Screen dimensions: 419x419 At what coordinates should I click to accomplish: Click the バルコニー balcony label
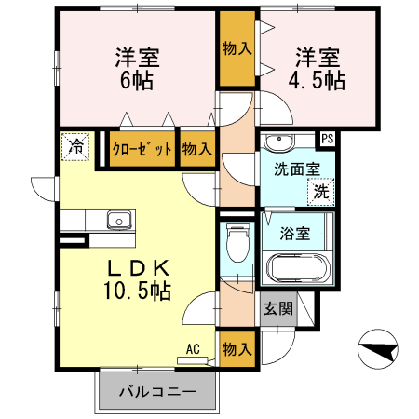point(157,392)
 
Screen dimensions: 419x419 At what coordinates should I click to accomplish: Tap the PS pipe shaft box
point(326,139)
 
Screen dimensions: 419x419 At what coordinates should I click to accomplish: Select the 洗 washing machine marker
point(319,193)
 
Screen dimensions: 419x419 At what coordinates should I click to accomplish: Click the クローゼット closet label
point(142,149)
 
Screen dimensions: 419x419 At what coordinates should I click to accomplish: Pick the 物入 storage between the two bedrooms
point(237,48)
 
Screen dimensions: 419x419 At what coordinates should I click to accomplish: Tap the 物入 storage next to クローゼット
point(196,149)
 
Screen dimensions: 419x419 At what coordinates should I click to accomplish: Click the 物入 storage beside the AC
point(237,349)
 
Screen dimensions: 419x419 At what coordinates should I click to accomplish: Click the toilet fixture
point(237,244)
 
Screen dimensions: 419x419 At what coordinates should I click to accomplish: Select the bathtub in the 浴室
point(297,268)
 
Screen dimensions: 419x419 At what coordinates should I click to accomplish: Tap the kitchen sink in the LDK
point(118,221)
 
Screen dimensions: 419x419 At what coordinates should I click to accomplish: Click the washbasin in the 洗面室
point(277,142)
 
